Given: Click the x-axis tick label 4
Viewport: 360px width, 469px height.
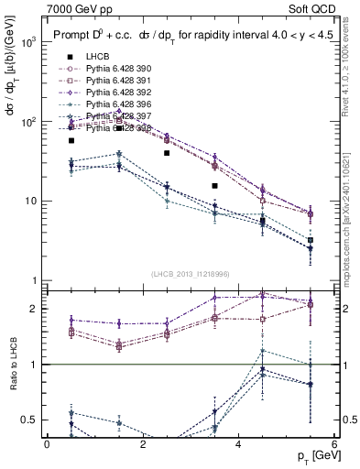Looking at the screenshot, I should click(238, 444).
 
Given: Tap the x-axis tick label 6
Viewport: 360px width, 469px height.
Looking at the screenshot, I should click(334, 444).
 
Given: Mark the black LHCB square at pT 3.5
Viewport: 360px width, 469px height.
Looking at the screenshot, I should click(214, 186).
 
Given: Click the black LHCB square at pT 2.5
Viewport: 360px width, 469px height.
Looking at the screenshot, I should click(167, 153).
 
